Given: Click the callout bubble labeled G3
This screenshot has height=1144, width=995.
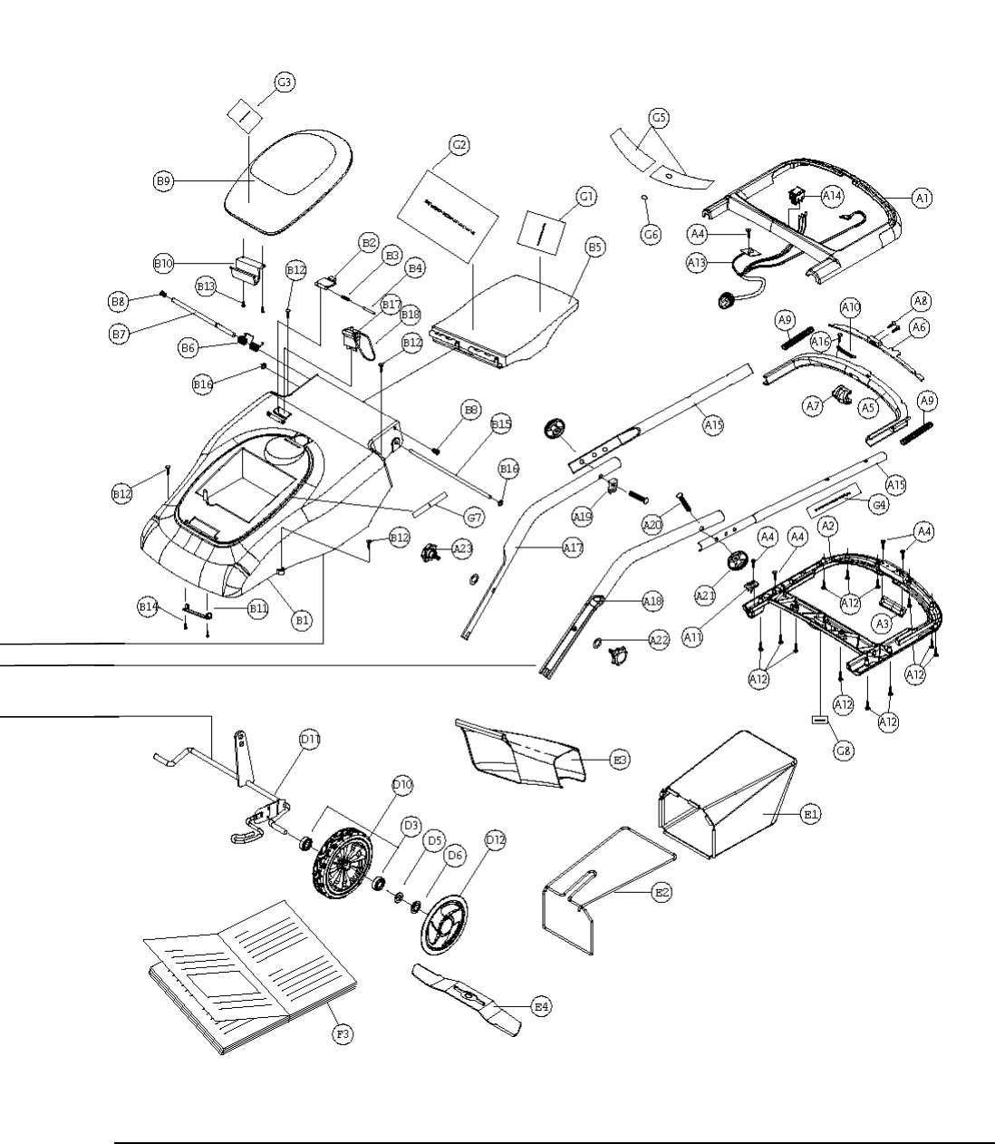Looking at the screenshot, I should click(285, 82).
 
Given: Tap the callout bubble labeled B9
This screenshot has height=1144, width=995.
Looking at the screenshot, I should click(162, 181).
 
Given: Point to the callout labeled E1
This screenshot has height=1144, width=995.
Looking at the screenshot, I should click(811, 815).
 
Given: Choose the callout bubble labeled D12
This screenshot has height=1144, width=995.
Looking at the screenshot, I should click(495, 840).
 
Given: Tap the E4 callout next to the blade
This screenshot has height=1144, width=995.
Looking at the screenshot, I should click(541, 1006).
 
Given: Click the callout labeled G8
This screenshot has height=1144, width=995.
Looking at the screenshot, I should click(843, 751).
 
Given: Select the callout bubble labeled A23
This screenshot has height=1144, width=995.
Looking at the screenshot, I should click(462, 548).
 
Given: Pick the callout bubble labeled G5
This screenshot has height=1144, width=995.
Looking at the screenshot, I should click(660, 117).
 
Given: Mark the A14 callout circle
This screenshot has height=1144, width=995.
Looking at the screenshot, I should click(832, 196).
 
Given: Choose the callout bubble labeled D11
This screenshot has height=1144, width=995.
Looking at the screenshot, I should click(310, 740).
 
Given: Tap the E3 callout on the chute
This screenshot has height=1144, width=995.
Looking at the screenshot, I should click(620, 760).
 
